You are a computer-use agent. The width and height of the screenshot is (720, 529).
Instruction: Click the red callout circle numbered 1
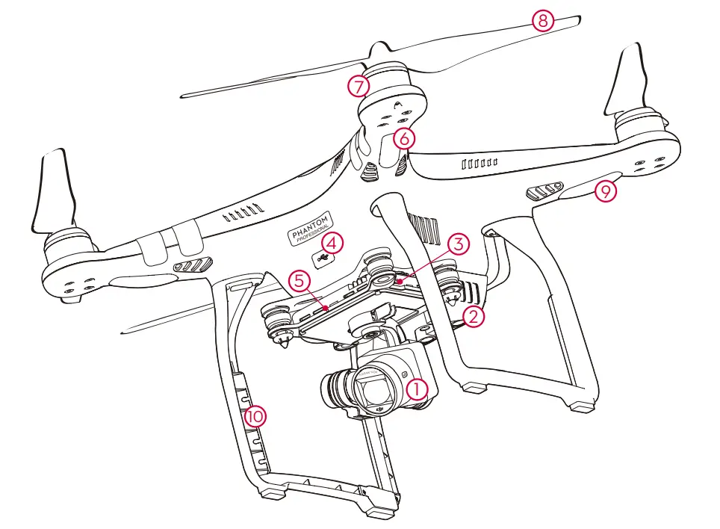click(416, 388)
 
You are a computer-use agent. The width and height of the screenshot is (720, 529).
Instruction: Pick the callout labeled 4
click(332, 243)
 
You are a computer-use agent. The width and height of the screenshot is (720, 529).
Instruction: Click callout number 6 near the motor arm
click(403, 138)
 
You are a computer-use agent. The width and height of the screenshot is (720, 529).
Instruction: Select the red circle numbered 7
click(359, 86)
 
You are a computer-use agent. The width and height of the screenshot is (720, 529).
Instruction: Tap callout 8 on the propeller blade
click(543, 20)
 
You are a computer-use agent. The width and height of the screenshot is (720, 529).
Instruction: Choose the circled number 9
click(605, 191)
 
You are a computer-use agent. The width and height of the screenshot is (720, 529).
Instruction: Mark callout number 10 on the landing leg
click(255, 415)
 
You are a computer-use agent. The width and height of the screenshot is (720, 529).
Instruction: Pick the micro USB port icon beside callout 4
click(323, 258)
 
